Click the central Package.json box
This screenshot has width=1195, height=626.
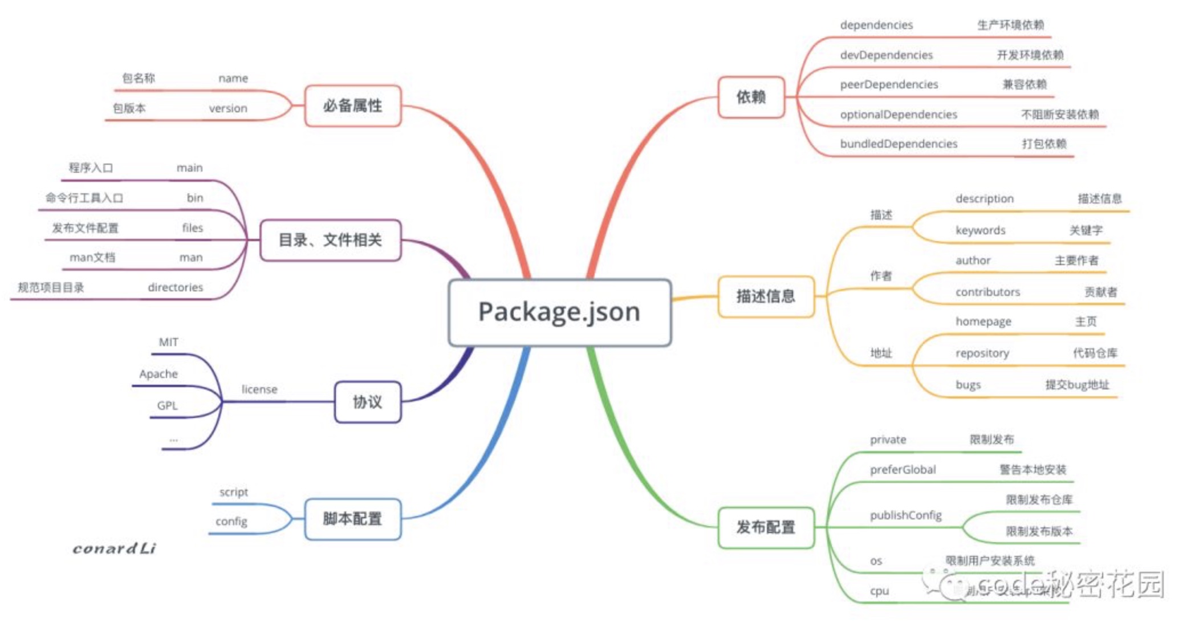tap(559, 312)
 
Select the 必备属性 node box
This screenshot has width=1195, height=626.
tap(353, 106)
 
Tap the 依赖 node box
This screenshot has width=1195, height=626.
tap(751, 97)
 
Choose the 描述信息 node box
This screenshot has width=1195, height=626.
tap(766, 296)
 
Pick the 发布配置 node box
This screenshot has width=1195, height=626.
tap(766, 527)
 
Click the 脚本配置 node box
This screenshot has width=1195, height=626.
tap(353, 519)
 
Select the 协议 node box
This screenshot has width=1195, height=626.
tap(368, 403)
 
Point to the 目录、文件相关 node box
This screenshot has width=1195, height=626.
tap(330, 240)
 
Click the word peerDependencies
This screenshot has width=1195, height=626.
tap(889, 84)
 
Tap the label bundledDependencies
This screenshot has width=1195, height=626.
tap(899, 144)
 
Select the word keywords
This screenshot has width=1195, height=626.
tap(981, 230)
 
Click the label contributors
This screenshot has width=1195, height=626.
tap(987, 292)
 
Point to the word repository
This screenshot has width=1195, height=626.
tap(982, 353)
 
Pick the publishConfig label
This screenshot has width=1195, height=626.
tap(905, 515)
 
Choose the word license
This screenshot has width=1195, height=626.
tap(259, 389)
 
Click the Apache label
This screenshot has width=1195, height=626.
tap(158, 374)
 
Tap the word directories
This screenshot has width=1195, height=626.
tap(175, 287)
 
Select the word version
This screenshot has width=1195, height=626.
tap(228, 108)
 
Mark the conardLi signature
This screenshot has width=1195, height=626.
tap(114, 548)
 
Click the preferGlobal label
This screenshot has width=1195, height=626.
tap(903, 470)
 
